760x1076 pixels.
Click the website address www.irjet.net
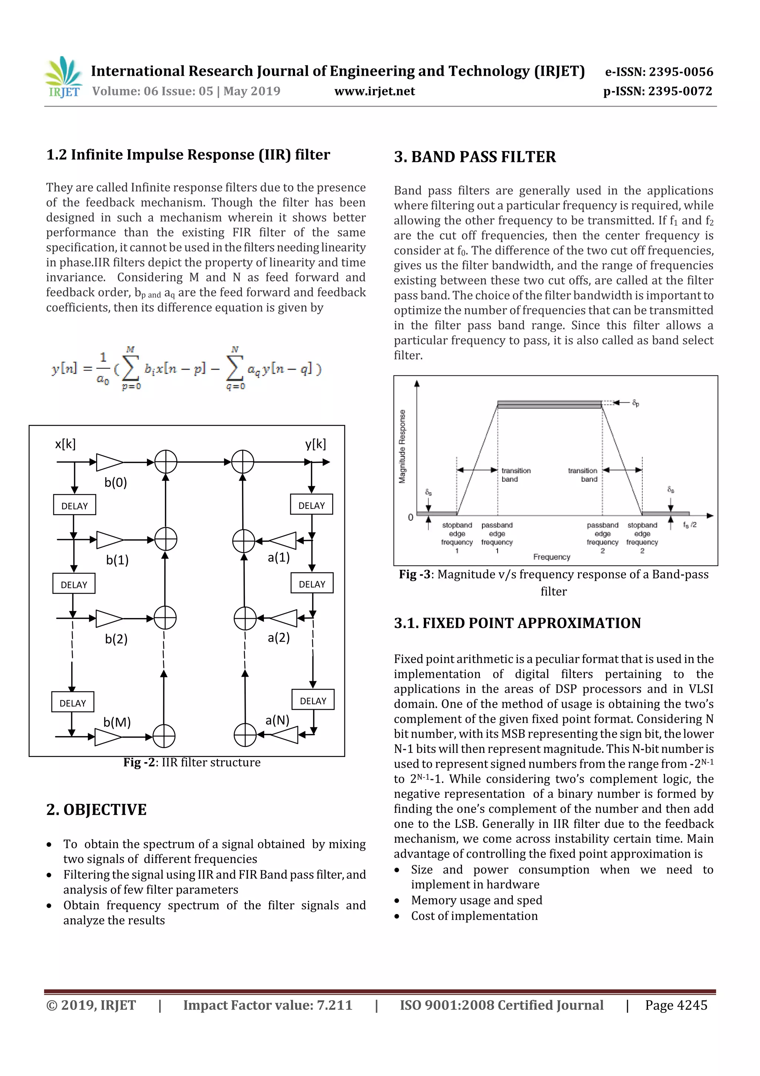pyautogui.click(x=374, y=91)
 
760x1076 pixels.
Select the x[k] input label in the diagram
pyautogui.click(x=65, y=444)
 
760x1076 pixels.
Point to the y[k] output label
pyautogui.click(x=315, y=444)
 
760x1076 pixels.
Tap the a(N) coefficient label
pyautogui.click(x=277, y=720)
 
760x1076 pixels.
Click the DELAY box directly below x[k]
pyautogui.click(x=75, y=505)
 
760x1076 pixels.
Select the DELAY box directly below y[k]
pyautogui.click(x=311, y=505)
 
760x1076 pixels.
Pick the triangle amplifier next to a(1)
pyautogui.click(x=284, y=540)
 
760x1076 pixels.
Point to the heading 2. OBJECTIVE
pyautogui.click(x=96, y=810)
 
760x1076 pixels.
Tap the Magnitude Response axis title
pyautogui.click(x=402, y=446)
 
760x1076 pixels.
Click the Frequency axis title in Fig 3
pyautogui.click(x=551, y=557)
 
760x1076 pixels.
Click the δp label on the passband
pyautogui.click(x=635, y=403)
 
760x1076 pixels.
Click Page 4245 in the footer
pyautogui.click(x=676, y=1005)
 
